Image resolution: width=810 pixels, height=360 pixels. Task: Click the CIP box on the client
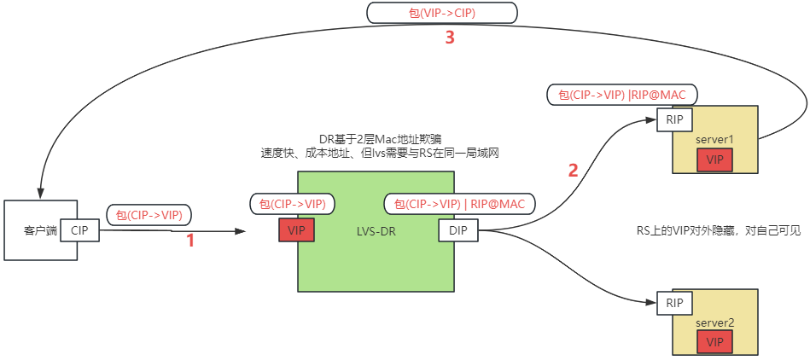79,230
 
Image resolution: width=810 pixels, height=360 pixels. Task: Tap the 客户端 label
39,230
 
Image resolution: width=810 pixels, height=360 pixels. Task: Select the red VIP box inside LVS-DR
296,230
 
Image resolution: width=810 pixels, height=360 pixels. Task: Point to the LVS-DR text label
376,231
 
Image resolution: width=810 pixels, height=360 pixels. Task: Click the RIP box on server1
675,120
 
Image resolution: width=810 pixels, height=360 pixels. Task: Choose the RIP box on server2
674,303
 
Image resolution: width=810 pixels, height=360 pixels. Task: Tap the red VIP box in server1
714,160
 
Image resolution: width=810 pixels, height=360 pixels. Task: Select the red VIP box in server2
714,341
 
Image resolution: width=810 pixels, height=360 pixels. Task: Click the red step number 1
190,241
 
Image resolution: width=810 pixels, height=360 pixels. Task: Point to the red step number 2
573,170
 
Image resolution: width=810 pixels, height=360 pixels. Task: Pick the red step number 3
449,38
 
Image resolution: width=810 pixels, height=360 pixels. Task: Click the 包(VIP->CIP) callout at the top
442,13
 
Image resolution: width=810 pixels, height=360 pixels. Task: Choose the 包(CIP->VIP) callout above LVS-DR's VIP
292,204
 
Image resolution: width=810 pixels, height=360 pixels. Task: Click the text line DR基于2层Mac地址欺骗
376,139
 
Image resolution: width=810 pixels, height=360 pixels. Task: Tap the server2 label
714,322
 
